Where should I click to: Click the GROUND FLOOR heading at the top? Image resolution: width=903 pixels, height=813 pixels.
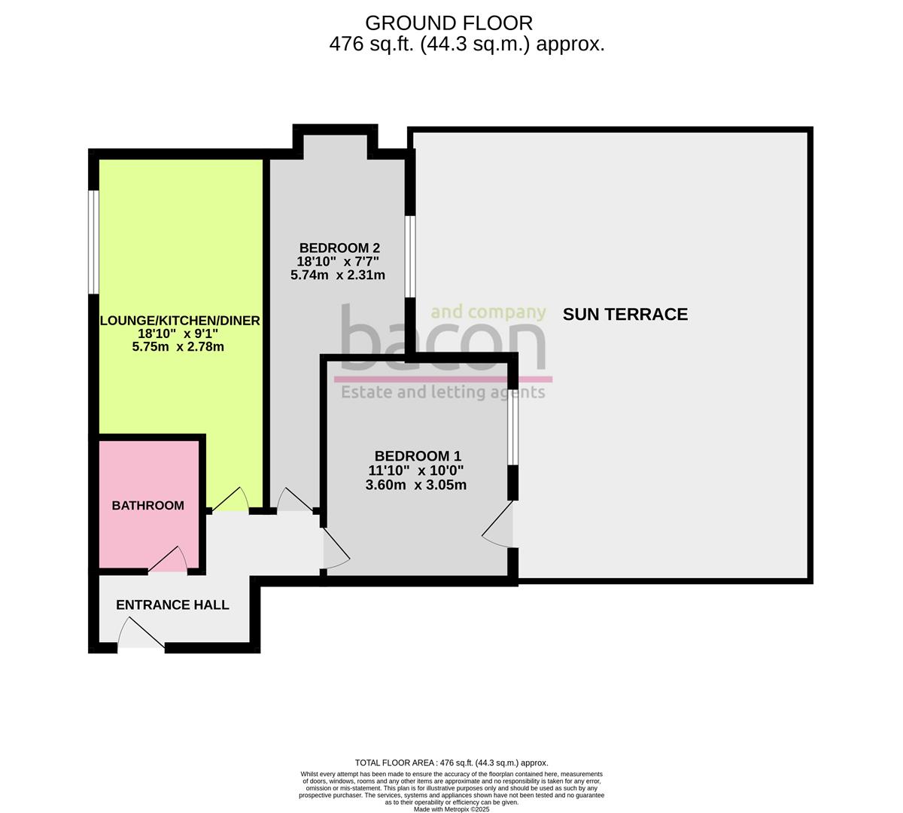pos(448,23)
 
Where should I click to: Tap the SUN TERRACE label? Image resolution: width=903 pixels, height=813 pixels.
pos(625,315)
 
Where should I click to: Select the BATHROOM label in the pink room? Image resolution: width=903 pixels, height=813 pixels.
pos(147,506)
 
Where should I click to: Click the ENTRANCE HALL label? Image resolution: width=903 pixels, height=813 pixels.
pos(172,605)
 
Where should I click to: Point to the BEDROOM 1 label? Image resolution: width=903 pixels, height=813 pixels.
pos(418,456)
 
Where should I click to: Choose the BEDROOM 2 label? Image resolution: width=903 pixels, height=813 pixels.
pos(339,248)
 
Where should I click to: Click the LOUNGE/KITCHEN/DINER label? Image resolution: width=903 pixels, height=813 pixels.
pos(180,321)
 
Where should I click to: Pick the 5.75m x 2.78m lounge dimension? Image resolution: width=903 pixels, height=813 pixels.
pos(178,347)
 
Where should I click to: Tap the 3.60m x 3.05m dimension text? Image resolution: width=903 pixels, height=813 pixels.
pos(415,486)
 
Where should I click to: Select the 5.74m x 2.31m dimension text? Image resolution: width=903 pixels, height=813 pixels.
pos(338,276)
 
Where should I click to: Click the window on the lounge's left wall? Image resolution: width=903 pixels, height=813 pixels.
pos(93,242)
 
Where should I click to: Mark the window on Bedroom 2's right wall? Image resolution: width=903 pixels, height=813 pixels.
pos(410,257)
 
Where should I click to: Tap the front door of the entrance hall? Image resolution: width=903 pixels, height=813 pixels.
pos(141,634)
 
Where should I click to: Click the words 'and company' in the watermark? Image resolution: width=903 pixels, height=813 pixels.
pos(488,312)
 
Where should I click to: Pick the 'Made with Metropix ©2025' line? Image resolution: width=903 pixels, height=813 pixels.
pos(451,809)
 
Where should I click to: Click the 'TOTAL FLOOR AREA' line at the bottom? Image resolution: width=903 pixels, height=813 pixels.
pos(451,763)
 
